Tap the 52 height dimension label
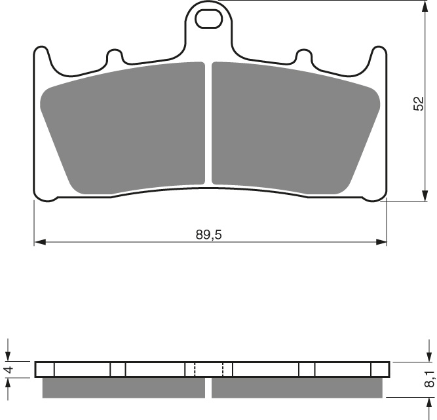[x=419, y=103]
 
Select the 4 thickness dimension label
[x=9, y=370]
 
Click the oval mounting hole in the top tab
[x=209, y=20]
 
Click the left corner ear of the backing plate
[x=41, y=56]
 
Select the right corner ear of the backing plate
[x=379, y=56]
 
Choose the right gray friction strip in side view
[x=296, y=388]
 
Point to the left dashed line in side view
[x=195, y=370]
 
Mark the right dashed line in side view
[x=223, y=370]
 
